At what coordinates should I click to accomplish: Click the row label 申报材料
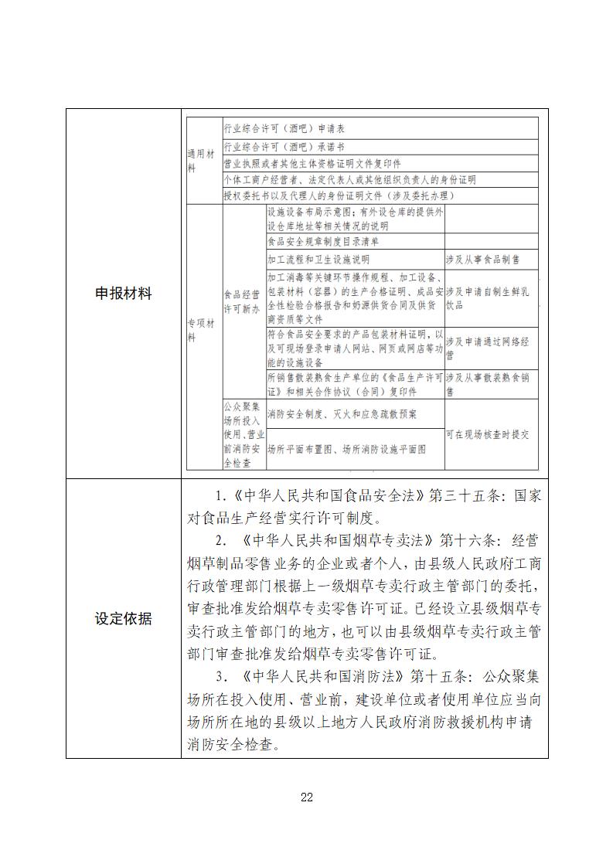click(123, 294)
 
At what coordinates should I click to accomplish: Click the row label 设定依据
click(123, 618)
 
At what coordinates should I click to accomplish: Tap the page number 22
click(307, 797)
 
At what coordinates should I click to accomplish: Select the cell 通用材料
click(192, 160)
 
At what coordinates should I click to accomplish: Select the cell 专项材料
click(192, 331)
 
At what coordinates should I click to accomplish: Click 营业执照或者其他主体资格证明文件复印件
click(312, 163)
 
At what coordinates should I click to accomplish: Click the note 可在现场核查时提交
click(487, 434)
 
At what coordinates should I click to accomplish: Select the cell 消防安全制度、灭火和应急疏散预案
click(342, 414)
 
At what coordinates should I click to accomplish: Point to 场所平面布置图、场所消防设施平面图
click(346, 448)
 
